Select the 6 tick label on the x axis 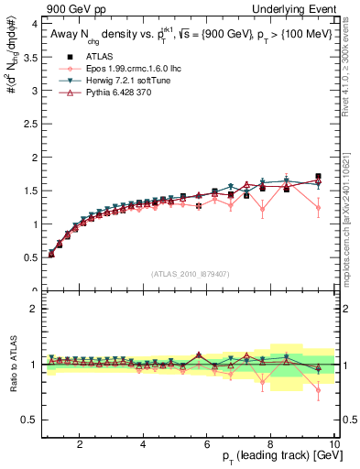click(x=207, y=443)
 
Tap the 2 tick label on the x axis click(x=80, y=443)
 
